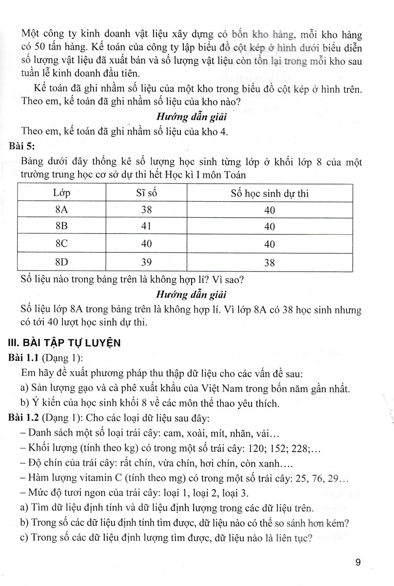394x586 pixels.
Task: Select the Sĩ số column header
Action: pos(146,193)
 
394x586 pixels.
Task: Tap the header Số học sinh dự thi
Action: pos(270,193)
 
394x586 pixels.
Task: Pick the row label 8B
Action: pos(62,227)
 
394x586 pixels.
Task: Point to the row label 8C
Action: pos(62,244)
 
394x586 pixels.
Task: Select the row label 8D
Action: pos(62,262)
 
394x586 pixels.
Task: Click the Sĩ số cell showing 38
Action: pos(146,210)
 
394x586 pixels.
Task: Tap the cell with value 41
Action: pos(146,227)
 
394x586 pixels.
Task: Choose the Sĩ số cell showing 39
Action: pos(146,262)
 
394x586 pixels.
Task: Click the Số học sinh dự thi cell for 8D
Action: pos(269,263)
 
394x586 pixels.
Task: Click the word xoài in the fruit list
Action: pos(206,434)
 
